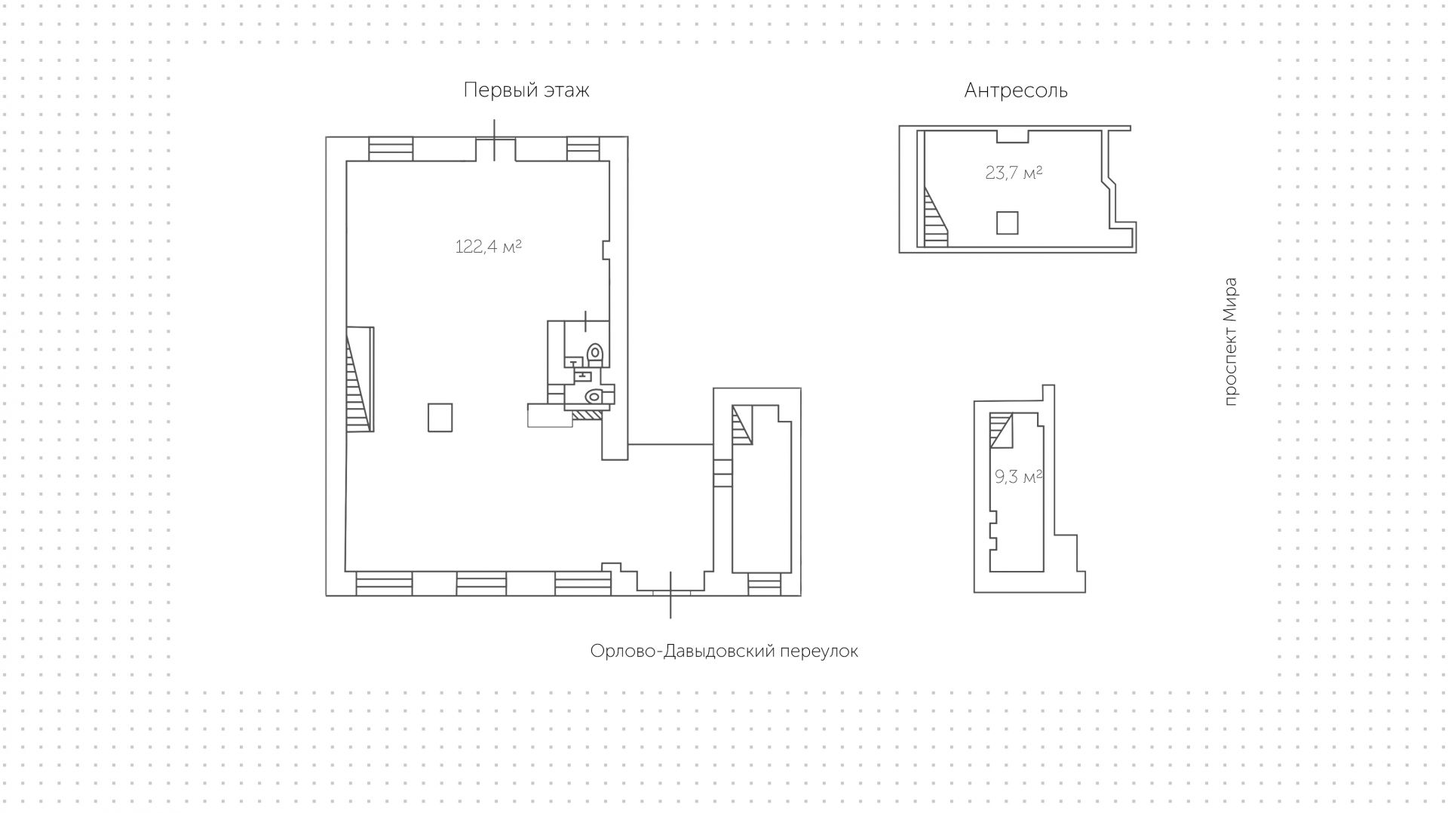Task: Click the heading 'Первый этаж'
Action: [x=526, y=91]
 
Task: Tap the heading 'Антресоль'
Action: [x=1015, y=91]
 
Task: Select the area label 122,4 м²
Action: [x=488, y=247]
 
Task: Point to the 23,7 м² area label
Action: [x=1013, y=173]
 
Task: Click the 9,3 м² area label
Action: [x=1017, y=477]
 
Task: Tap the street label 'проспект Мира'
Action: [x=1230, y=342]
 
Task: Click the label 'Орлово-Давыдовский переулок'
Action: [x=723, y=651]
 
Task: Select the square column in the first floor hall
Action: [x=440, y=417]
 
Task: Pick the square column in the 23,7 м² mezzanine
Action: [x=1007, y=223]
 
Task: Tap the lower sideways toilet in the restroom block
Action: [x=594, y=395]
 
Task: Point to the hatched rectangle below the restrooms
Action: [x=586, y=413]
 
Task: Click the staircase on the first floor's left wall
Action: [x=360, y=379]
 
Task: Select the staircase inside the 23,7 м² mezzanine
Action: [x=935, y=219]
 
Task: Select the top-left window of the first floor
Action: [x=391, y=149]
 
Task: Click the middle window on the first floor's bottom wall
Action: [x=481, y=584]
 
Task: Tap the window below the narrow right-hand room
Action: [x=764, y=584]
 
